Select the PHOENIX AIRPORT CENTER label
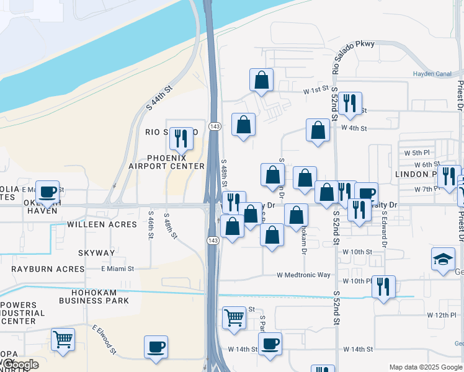tap(166, 161)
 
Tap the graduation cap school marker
tap(443, 259)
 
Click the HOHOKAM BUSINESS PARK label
tap(94, 296)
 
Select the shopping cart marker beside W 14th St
tap(234, 317)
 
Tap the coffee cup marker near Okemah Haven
tap(48, 191)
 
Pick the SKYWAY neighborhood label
tap(96, 253)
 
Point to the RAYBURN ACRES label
tap(48, 269)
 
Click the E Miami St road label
tap(117, 268)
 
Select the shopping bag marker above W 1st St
tap(261, 80)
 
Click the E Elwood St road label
tap(105, 340)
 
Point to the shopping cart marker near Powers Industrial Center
tap(63, 340)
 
